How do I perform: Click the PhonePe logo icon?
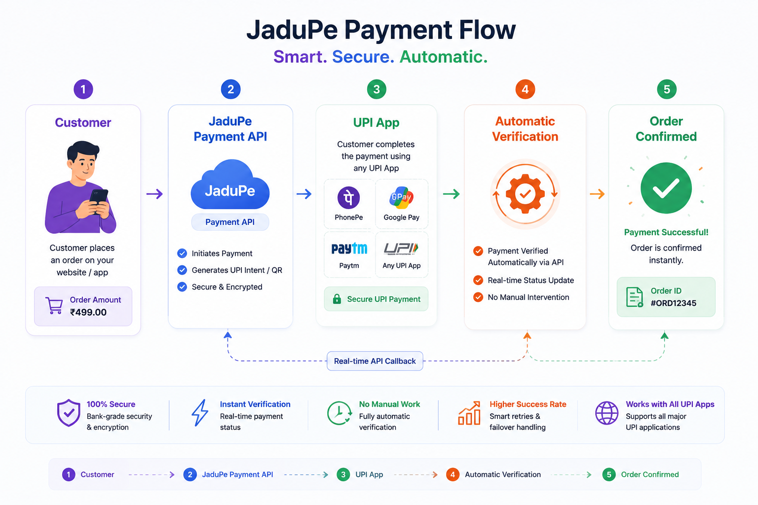pos(348,198)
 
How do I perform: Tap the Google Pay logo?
pos(401,197)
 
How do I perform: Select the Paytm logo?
pos(349,249)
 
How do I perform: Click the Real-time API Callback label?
pos(375,361)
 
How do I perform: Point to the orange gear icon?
pos(525,194)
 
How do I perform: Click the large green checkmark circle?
pos(666,188)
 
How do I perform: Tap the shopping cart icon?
pos(54,305)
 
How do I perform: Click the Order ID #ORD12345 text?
pos(673,297)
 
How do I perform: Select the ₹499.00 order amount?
pos(88,312)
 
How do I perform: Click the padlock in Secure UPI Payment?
pos(337,299)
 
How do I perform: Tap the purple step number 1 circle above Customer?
pos(83,89)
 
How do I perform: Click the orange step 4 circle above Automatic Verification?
pos(525,89)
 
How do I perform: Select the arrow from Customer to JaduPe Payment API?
pos(154,194)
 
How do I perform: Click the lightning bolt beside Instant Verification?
pos(200,413)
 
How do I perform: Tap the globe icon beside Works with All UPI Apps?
pos(606,413)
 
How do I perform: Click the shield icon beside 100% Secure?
pos(69,413)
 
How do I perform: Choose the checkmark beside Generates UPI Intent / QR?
pos(182,270)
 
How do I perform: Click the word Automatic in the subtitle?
pos(443,57)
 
